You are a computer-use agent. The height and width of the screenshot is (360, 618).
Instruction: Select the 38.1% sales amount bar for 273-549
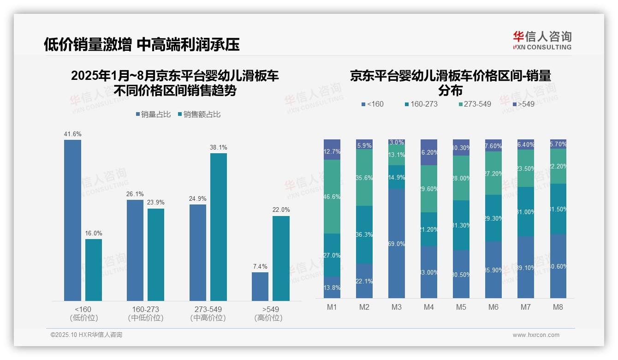pyautogui.click(x=219, y=227)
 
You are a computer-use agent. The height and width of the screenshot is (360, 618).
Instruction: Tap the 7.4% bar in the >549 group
pyautogui.click(x=260, y=286)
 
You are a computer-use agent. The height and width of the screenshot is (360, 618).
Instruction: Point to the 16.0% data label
pyautogui.click(x=94, y=234)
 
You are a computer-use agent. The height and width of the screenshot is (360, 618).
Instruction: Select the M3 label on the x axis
pyautogui.click(x=397, y=307)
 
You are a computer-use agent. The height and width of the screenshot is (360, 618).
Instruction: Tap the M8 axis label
pyautogui.click(x=558, y=307)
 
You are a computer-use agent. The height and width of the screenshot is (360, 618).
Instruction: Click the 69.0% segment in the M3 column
pyautogui.click(x=397, y=243)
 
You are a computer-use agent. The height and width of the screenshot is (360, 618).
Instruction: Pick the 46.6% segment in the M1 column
pyautogui.click(x=332, y=197)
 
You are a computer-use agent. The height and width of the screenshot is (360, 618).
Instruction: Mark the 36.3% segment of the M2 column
pyautogui.click(x=364, y=234)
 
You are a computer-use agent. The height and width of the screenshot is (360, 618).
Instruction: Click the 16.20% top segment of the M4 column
pyautogui.click(x=429, y=152)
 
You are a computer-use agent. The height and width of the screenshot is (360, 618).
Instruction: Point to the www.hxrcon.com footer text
pyautogui.click(x=535, y=335)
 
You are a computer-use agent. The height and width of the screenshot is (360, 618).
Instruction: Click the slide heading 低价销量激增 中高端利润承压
pyautogui.click(x=142, y=44)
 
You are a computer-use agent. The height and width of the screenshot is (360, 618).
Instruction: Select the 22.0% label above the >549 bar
pyautogui.click(x=281, y=210)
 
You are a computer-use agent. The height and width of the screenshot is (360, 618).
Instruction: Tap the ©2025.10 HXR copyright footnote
pyautogui.click(x=86, y=335)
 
